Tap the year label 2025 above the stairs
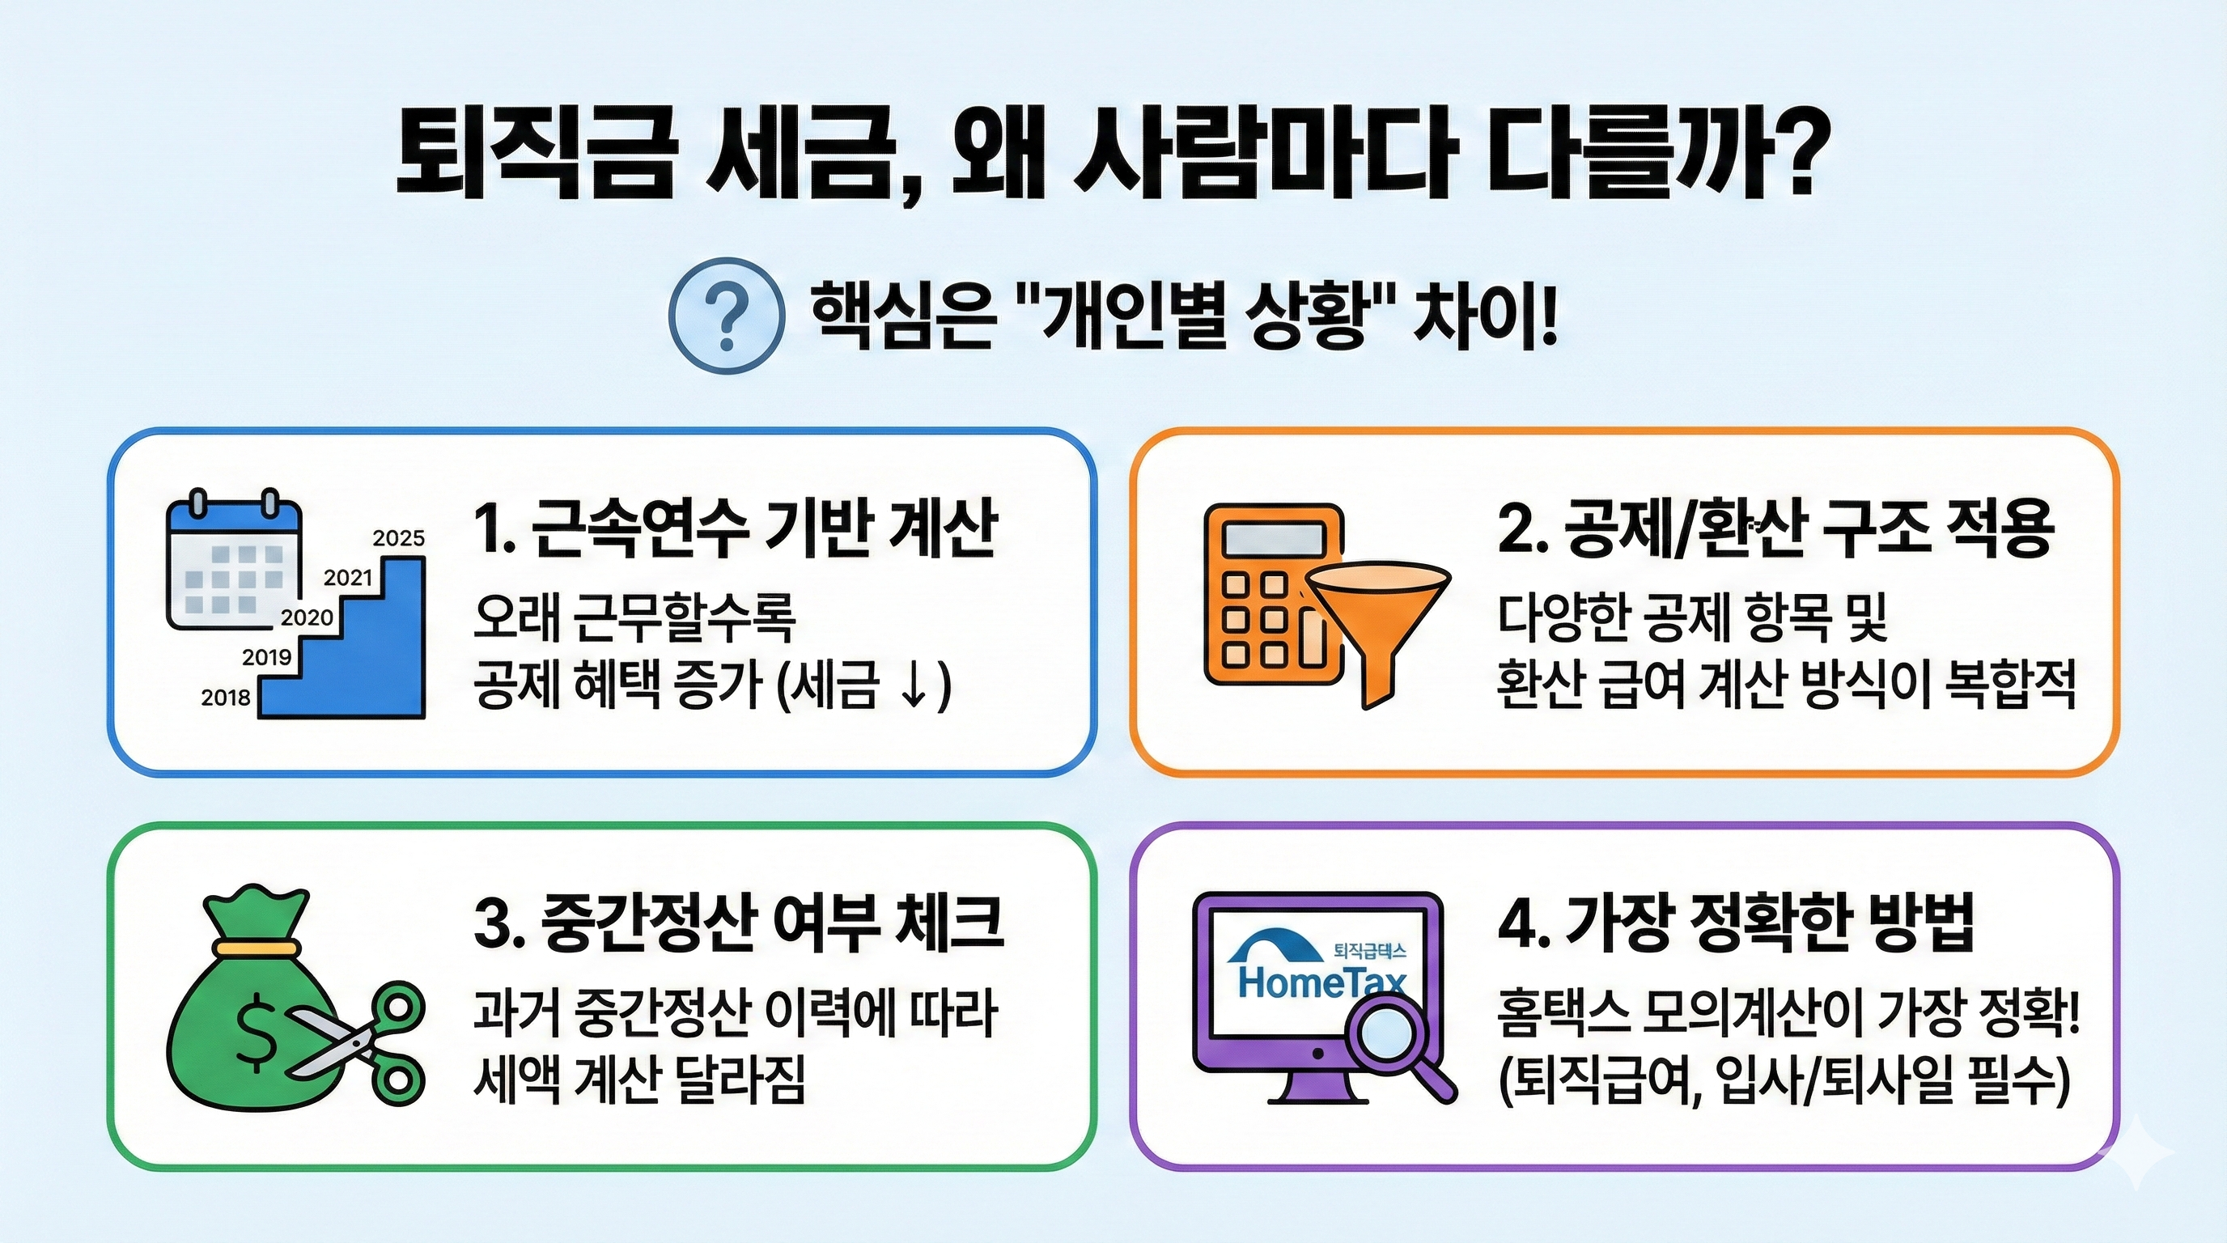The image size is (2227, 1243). coord(398,538)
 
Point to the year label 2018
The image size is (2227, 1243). coord(226,698)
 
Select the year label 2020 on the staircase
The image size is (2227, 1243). coord(307,617)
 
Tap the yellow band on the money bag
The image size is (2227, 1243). coord(257,948)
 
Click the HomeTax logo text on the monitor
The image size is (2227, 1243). coord(1321,981)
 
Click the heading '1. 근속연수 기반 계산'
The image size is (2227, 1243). coord(736,528)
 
